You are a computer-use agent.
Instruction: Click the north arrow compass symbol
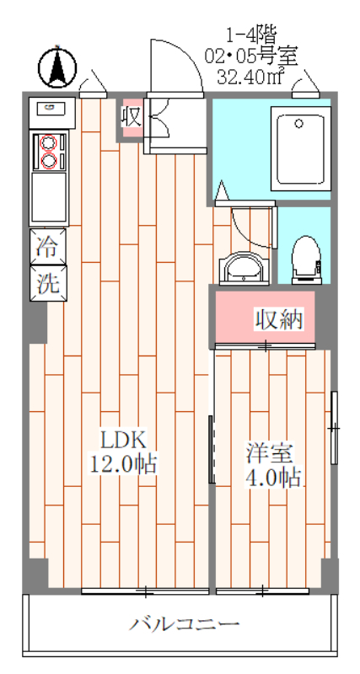click(x=57, y=68)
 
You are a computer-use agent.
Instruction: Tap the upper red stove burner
click(x=49, y=142)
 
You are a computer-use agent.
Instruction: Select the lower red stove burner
click(x=49, y=161)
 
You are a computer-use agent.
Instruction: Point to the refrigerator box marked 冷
click(x=48, y=247)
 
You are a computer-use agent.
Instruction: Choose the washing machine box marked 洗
click(x=48, y=283)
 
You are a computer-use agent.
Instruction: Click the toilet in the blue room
click(x=306, y=259)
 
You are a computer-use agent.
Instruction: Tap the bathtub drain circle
click(x=298, y=124)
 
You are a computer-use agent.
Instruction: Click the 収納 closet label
click(x=279, y=319)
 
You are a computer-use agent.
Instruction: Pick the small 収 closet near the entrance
click(x=131, y=117)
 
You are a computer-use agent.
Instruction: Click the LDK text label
click(x=123, y=439)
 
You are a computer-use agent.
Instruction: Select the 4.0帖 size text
click(x=271, y=477)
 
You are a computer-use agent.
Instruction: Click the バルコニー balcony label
click(x=185, y=623)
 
